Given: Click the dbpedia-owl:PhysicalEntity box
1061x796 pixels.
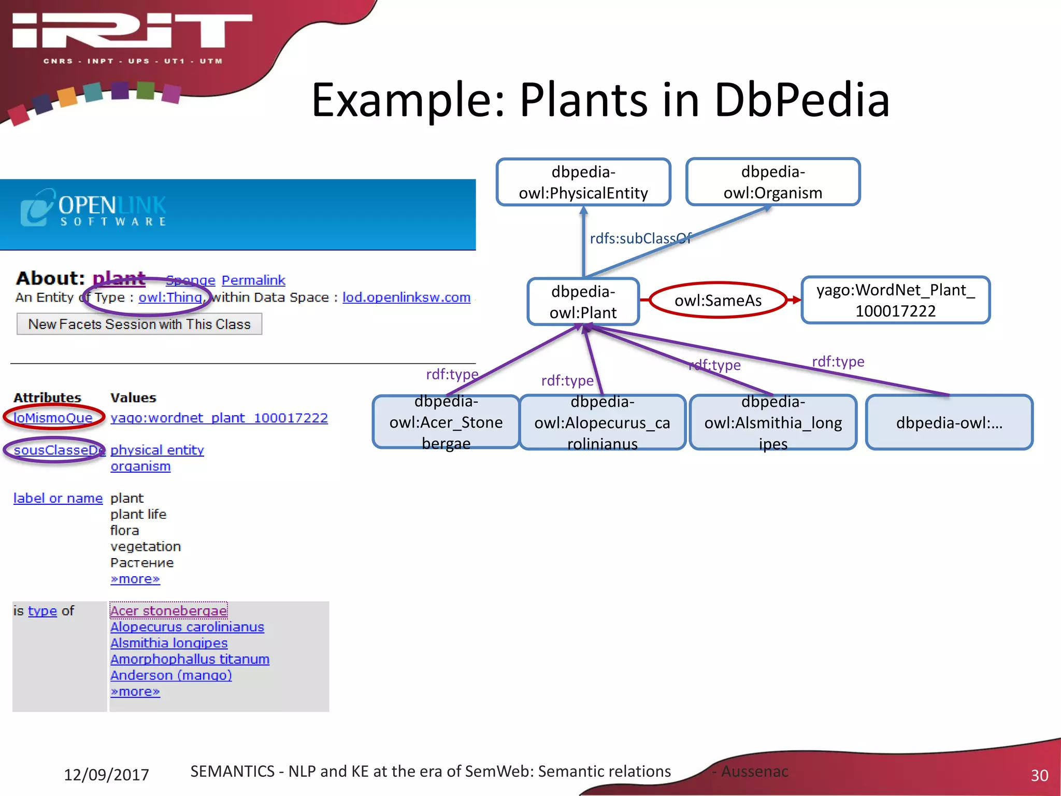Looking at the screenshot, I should pos(583,182).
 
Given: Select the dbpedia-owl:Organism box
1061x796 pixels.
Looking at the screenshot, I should pos(772,182).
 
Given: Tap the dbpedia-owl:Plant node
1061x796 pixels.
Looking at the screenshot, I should pos(583,302).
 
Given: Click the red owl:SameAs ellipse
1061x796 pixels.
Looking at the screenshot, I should pos(718,300).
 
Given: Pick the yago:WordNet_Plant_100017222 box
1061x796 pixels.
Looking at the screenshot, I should pos(895,300).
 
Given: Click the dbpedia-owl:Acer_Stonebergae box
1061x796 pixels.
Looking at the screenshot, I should pos(446,422).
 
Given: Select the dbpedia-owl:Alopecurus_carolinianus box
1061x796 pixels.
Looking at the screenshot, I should pos(602,422).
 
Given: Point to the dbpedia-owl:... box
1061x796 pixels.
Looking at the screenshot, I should pos(949,422).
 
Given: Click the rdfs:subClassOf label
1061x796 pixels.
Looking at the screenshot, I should pos(640,238).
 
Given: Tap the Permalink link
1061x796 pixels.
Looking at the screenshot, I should pos(253,280).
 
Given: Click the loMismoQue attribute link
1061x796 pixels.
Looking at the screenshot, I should pos(53,418).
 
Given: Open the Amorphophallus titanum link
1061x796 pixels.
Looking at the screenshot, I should pos(190,659).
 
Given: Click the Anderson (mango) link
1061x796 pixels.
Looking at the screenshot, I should pos(171,675).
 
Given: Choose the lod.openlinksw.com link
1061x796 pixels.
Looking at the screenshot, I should pos(406,297).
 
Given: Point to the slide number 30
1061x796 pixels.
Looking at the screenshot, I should pos(1039,775).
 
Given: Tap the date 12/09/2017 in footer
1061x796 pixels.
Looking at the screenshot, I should pos(106,775).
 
